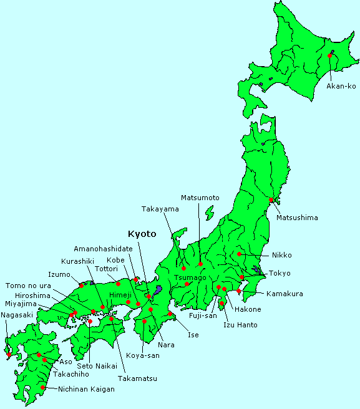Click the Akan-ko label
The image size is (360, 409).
341,86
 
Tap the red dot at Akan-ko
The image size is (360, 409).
329,56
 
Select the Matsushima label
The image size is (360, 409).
297,218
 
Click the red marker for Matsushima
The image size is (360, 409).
271,200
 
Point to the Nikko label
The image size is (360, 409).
281,255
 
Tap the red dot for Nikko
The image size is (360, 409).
240,254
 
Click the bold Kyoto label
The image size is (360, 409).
142,234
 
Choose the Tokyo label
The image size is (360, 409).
280,274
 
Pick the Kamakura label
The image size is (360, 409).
285,293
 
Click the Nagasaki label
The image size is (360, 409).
17,315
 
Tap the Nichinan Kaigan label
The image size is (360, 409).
86,388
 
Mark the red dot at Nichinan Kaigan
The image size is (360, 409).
42,387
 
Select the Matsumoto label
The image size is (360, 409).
200,198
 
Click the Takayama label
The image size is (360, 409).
160,209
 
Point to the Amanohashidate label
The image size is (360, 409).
103,248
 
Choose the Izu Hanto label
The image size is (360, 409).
240,325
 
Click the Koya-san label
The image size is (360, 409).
142,355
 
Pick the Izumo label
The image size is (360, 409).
59,274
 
